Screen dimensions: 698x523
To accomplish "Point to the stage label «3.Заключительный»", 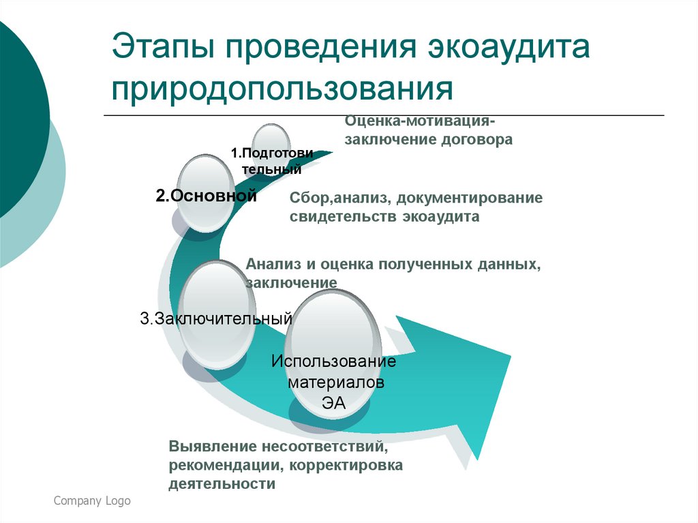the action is (x=216, y=318).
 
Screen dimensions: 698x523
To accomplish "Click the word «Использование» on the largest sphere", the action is (x=333, y=361).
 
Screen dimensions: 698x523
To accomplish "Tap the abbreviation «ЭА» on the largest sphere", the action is (x=334, y=403).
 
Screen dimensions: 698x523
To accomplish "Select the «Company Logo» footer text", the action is (x=92, y=501).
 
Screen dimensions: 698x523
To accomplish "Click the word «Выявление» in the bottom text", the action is (x=212, y=448).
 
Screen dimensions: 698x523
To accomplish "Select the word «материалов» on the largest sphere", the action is (x=335, y=382).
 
